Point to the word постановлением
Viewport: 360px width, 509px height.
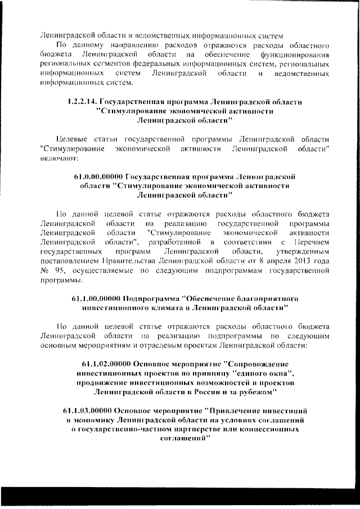point(70,261)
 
